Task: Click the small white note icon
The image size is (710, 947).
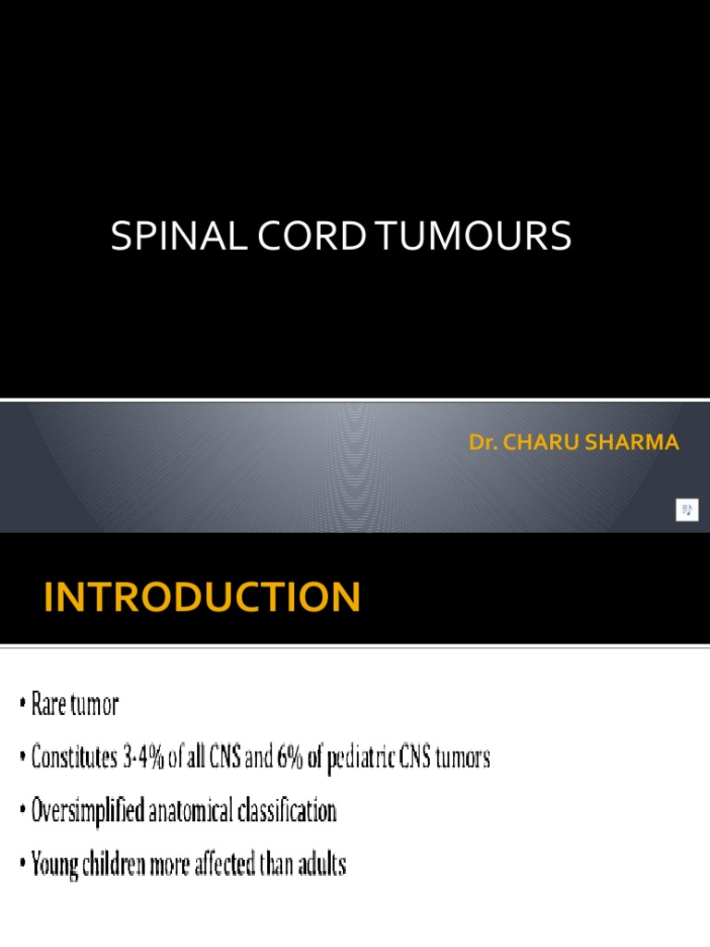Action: click(687, 510)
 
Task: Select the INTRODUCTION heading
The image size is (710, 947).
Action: click(202, 597)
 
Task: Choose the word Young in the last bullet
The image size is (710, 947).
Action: click(55, 866)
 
